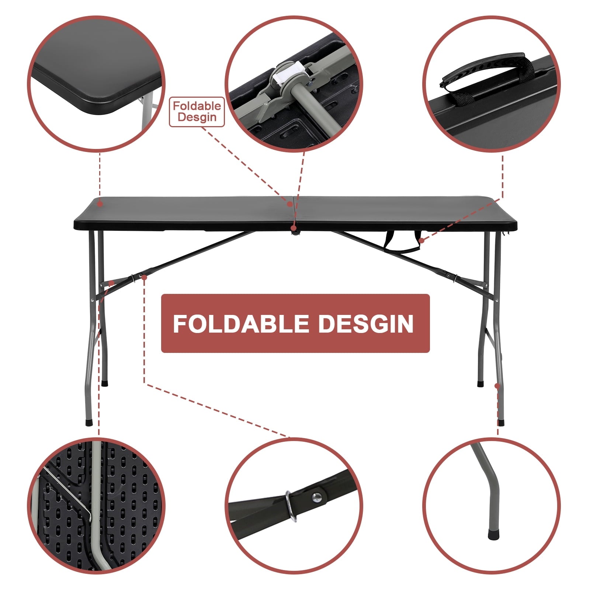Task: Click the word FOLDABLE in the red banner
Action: [241, 324]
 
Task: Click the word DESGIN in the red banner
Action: [366, 324]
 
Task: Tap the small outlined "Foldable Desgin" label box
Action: [197, 112]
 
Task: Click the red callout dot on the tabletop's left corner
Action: [100, 204]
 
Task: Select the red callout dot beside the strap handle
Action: [421, 240]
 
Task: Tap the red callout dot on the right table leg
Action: [497, 386]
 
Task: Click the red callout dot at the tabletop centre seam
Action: [290, 204]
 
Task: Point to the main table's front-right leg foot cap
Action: [500, 423]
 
